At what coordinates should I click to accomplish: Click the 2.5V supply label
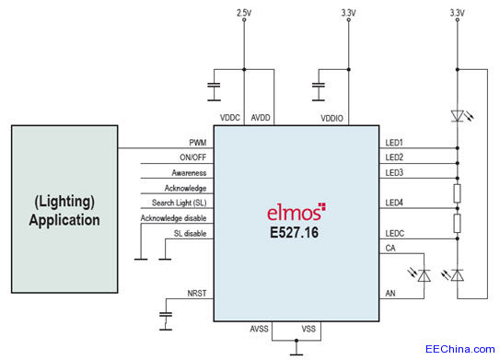point(243,13)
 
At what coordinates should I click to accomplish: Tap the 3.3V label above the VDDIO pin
point(348,13)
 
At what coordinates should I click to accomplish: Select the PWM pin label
point(198,143)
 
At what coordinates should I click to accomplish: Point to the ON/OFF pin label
point(192,157)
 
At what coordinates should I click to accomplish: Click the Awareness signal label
point(188,172)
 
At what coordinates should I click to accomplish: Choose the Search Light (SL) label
point(175,203)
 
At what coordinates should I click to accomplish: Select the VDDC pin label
point(230,118)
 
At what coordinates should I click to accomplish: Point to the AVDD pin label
point(261,118)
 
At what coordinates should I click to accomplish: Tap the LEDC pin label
point(396,234)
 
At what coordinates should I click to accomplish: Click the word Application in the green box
point(64,221)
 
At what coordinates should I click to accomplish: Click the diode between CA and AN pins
point(423,275)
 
